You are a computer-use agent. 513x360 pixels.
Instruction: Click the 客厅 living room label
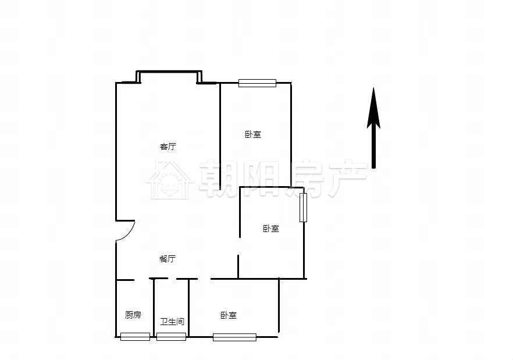[x=168, y=147]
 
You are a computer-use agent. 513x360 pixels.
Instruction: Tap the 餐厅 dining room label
[x=168, y=259]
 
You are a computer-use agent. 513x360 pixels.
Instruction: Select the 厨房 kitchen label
[x=133, y=315]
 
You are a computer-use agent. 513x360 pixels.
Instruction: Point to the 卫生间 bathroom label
[x=172, y=322]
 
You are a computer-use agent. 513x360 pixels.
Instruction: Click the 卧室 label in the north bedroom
[x=253, y=134]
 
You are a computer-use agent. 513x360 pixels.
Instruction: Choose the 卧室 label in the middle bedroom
[x=271, y=229]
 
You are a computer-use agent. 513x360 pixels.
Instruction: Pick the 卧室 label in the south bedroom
[x=229, y=315]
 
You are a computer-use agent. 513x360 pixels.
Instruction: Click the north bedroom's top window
[x=257, y=83]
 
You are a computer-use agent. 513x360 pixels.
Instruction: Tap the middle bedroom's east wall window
[x=303, y=208]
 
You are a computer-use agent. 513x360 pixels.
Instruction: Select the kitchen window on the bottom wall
[x=135, y=337]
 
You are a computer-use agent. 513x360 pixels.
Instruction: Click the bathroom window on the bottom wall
[x=171, y=337]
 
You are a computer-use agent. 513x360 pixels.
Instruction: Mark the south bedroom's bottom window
[x=234, y=337]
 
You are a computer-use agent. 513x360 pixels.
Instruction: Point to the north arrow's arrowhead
[x=373, y=108]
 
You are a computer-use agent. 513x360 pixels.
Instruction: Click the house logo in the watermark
[x=170, y=180]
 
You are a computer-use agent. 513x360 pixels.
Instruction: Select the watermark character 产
[x=348, y=179]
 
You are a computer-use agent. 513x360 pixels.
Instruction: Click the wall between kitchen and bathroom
[x=154, y=308]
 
